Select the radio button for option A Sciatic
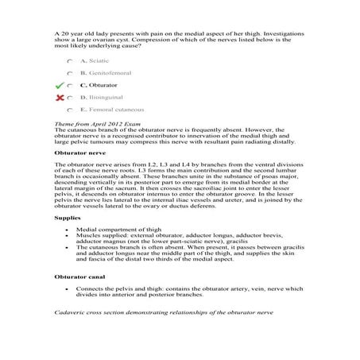[72, 60]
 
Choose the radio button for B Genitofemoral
[72, 72]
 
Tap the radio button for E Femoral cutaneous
[72, 108]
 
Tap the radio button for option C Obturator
[72, 84]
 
